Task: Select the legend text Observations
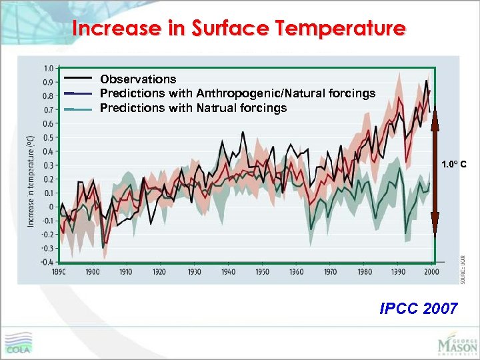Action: click(x=138, y=79)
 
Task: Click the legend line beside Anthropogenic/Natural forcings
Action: click(x=79, y=93)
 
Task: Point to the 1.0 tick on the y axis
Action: click(x=49, y=68)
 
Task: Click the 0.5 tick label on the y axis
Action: click(x=49, y=137)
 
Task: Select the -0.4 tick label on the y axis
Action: click(x=47, y=262)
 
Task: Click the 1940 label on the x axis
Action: click(x=228, y=272)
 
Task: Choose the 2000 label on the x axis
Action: click(x=431, y=272)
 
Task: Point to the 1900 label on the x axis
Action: click(x=92, y=272)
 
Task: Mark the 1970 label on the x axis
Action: click(x=330, y=272)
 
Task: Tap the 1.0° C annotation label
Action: click(x=453, y=164)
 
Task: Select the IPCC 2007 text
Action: click(x=418, y=308)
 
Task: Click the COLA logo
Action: click(x=19, y=343)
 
